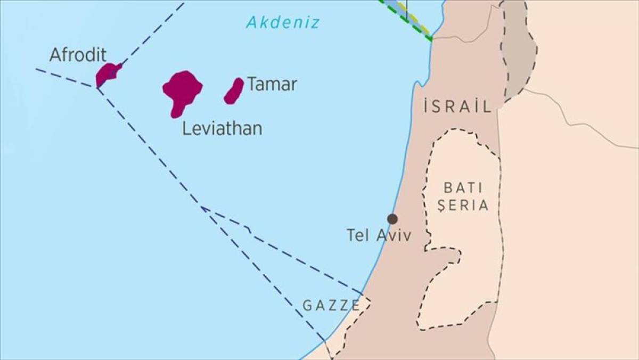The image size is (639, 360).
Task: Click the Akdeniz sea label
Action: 283,23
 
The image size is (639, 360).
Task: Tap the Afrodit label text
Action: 78,55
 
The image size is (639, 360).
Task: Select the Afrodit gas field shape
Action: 107,73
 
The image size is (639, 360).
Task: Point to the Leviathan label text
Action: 222,128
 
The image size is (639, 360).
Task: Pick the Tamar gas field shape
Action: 234,91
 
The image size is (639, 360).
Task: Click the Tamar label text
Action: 272,84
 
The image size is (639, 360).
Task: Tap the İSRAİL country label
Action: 457,107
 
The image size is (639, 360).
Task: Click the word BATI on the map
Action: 463,187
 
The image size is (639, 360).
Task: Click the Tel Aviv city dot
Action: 392,219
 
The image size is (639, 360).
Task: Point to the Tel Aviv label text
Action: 379,235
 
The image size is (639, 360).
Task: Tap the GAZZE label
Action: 331,305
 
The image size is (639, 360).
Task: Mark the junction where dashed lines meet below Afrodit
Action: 97,87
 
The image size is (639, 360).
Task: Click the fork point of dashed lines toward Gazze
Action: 202,207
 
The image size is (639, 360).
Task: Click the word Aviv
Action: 394,235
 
